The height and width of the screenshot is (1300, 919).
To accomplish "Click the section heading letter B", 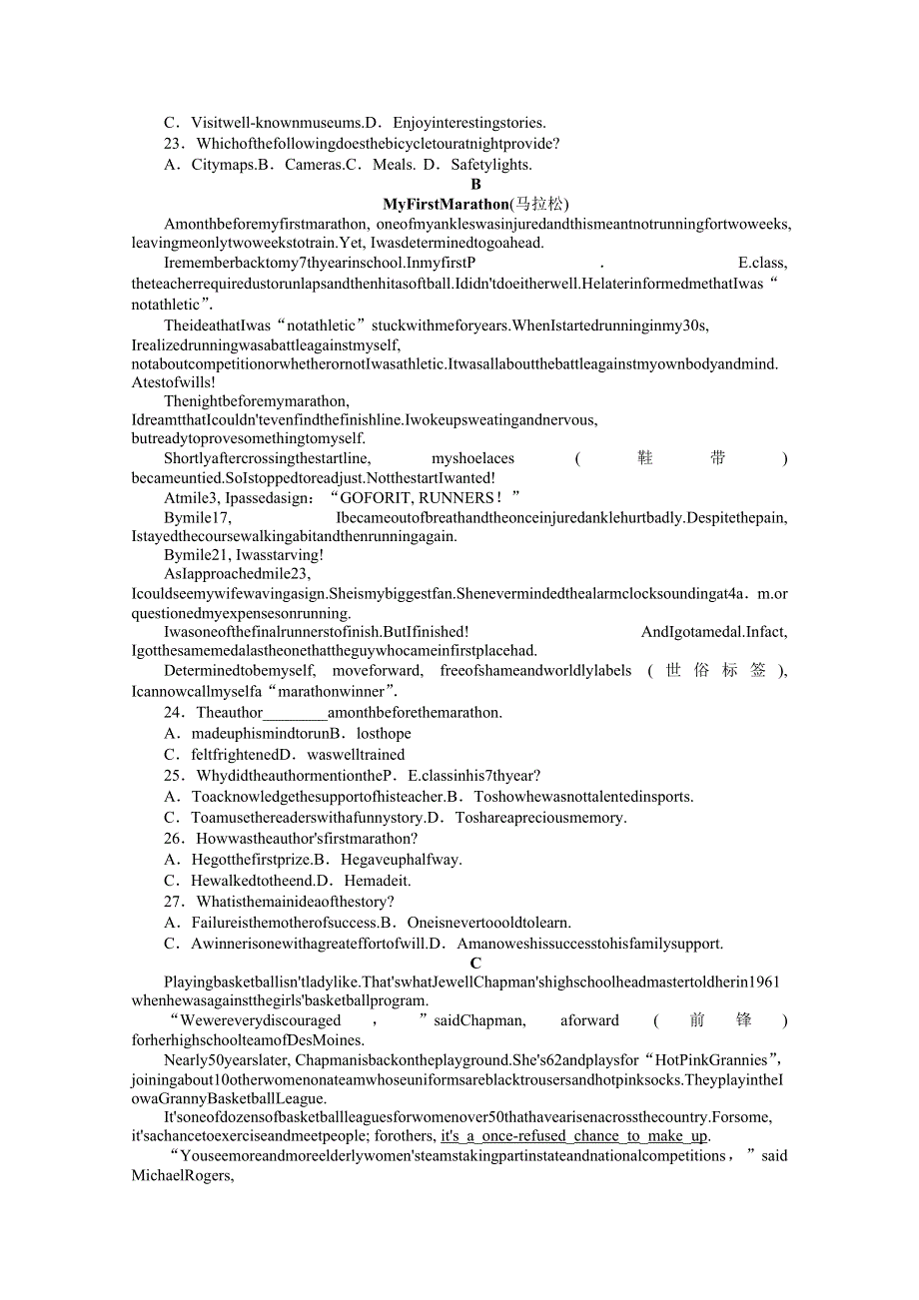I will click(475, 185).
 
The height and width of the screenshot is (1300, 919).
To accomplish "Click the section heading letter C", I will click(475, 964).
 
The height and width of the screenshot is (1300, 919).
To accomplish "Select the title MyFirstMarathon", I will click(446, 205).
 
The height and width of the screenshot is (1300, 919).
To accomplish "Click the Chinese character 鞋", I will click(645, 458).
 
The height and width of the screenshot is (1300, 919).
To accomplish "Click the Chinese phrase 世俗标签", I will click(716, 671).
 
